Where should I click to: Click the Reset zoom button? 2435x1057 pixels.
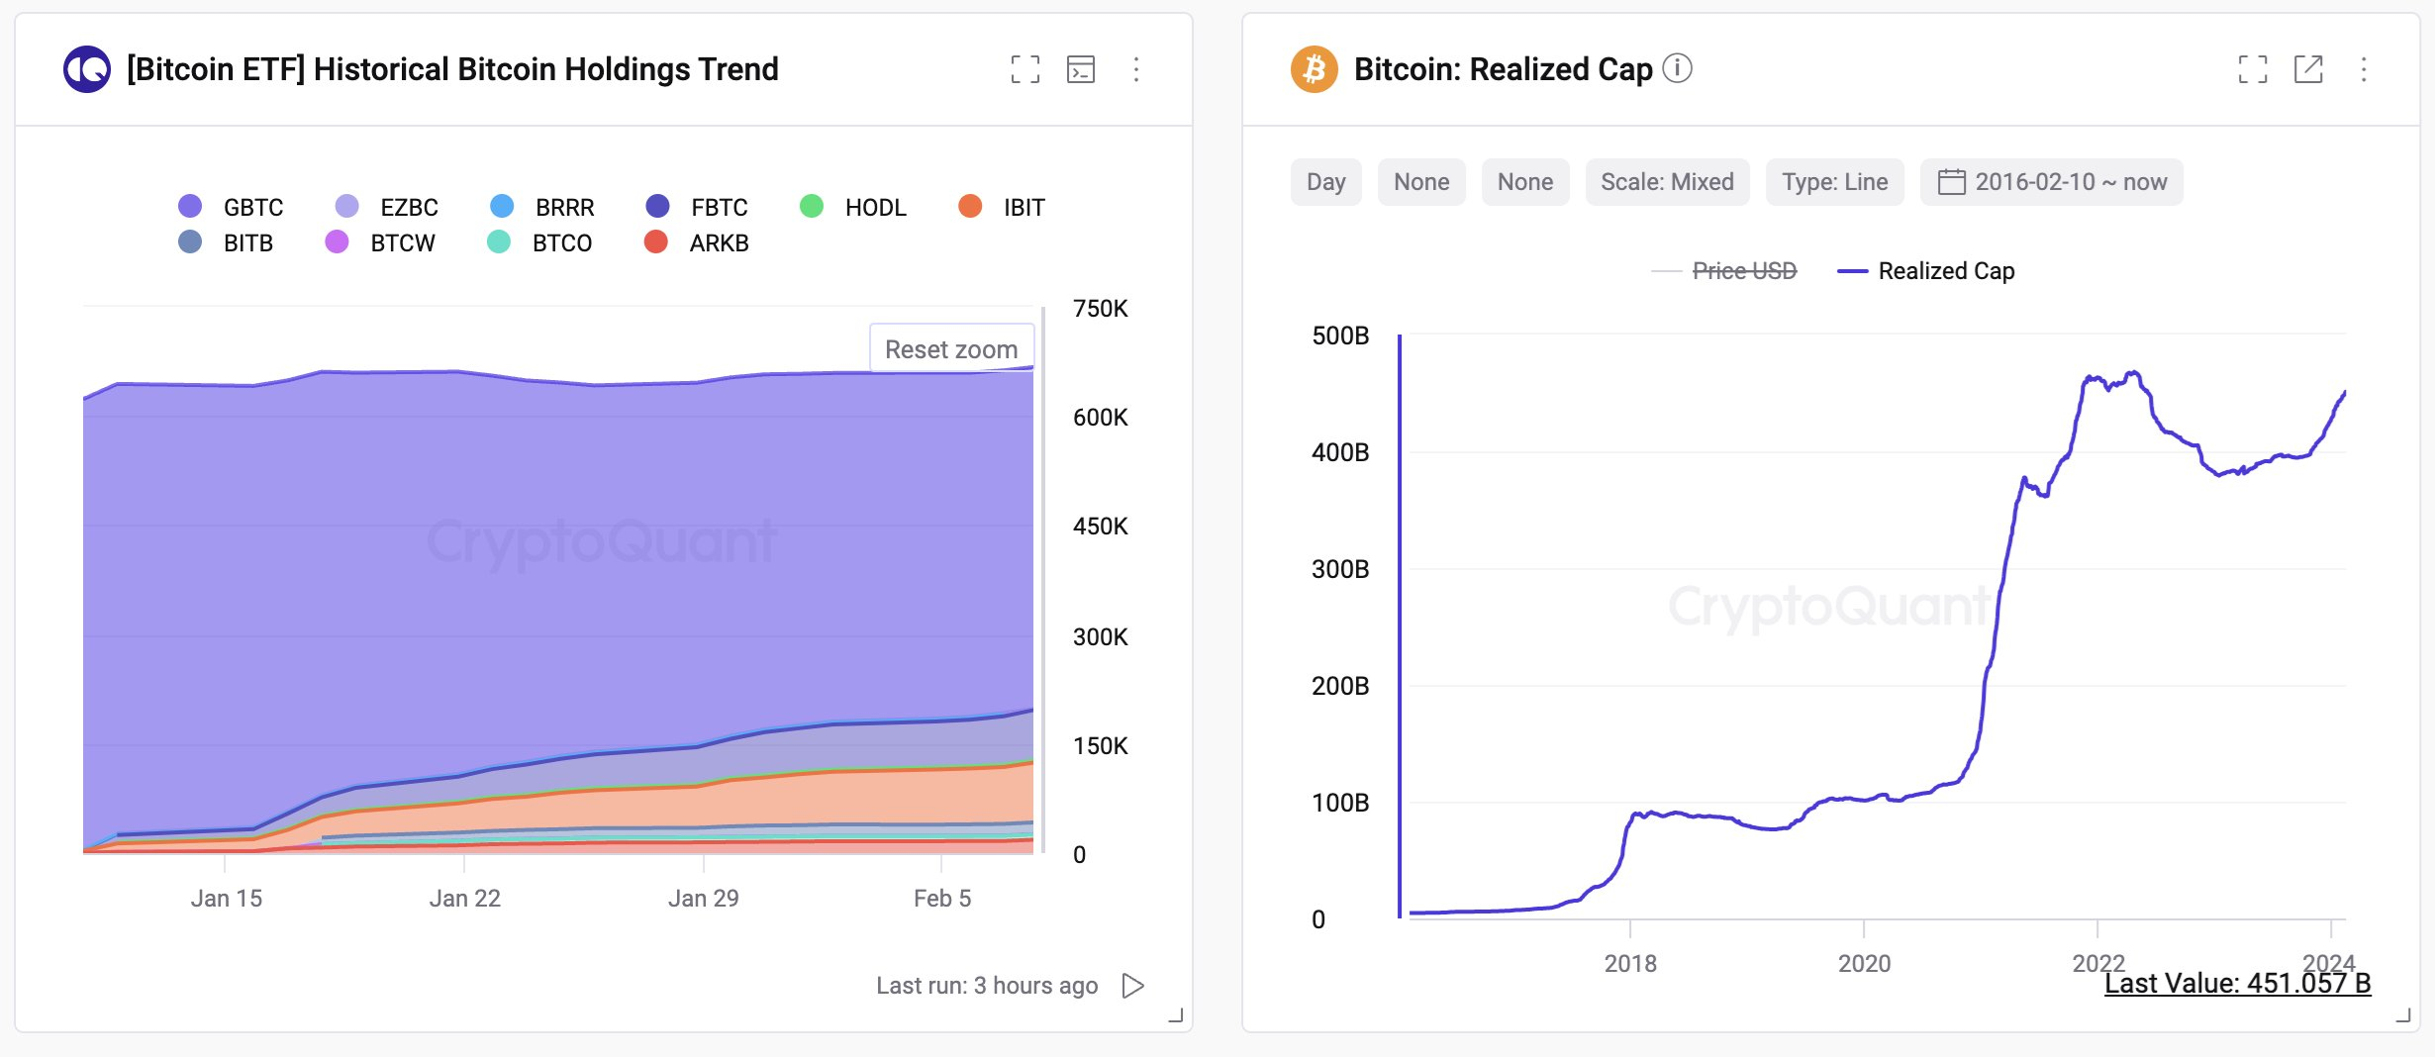[x=951, y=349]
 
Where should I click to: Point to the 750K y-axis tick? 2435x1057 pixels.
[x=1100, y=309]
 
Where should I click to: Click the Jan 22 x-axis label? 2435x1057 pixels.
[x=464, y=898]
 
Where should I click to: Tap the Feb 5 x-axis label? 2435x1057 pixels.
[x=941, y=898]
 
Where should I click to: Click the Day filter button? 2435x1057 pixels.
[x=1325, y=182]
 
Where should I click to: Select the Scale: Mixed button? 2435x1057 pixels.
[x=1667, y=182]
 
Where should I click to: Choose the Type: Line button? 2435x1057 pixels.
[x=1834, y=182]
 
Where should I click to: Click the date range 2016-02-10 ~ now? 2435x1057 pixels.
[x=2051, y=182]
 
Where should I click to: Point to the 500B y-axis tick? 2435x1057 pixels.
[x=1340, y=336]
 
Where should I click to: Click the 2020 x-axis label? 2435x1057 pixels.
[x=1864, y=963]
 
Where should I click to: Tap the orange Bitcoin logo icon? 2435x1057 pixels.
[x=1314, y=69]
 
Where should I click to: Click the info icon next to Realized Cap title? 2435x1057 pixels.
[x=1677, y=68]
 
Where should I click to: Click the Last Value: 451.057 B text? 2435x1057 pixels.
[x=2237, y=983]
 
